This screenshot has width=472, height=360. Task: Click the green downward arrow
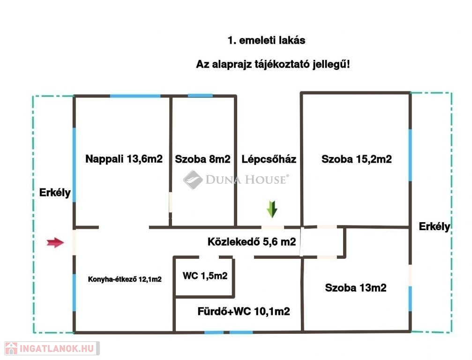[272, 209]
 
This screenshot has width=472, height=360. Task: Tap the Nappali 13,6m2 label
[124, 159]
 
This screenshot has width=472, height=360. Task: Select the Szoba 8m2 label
[202, 159]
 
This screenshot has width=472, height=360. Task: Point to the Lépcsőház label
[269, 159]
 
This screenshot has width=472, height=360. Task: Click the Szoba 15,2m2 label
[356, 159]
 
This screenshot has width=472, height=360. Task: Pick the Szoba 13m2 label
[355, 288]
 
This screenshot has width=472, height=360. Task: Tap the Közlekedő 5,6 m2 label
[251, 242]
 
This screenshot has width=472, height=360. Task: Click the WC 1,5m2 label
[205, 276]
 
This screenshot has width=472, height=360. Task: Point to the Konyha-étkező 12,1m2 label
[125, 279]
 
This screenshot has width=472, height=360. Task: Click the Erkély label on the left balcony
[55, 192]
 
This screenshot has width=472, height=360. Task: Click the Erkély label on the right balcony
[435, 227]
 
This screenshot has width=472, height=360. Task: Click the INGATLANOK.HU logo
[51, 348]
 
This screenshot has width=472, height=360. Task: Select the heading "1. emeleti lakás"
[266, 40]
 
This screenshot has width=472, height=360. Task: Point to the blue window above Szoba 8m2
[200, 96]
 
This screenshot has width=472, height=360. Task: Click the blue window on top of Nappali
[135, 96]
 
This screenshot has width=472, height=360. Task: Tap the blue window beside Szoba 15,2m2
[410, 155]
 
